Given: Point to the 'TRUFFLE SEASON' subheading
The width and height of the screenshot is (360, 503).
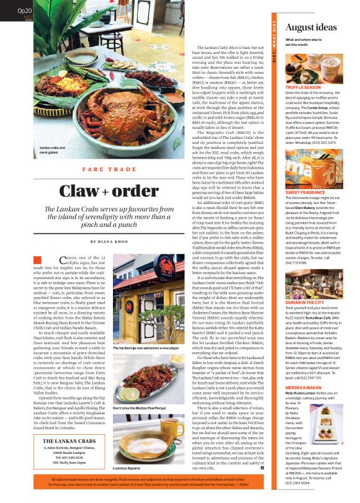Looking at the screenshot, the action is pos(304,89).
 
